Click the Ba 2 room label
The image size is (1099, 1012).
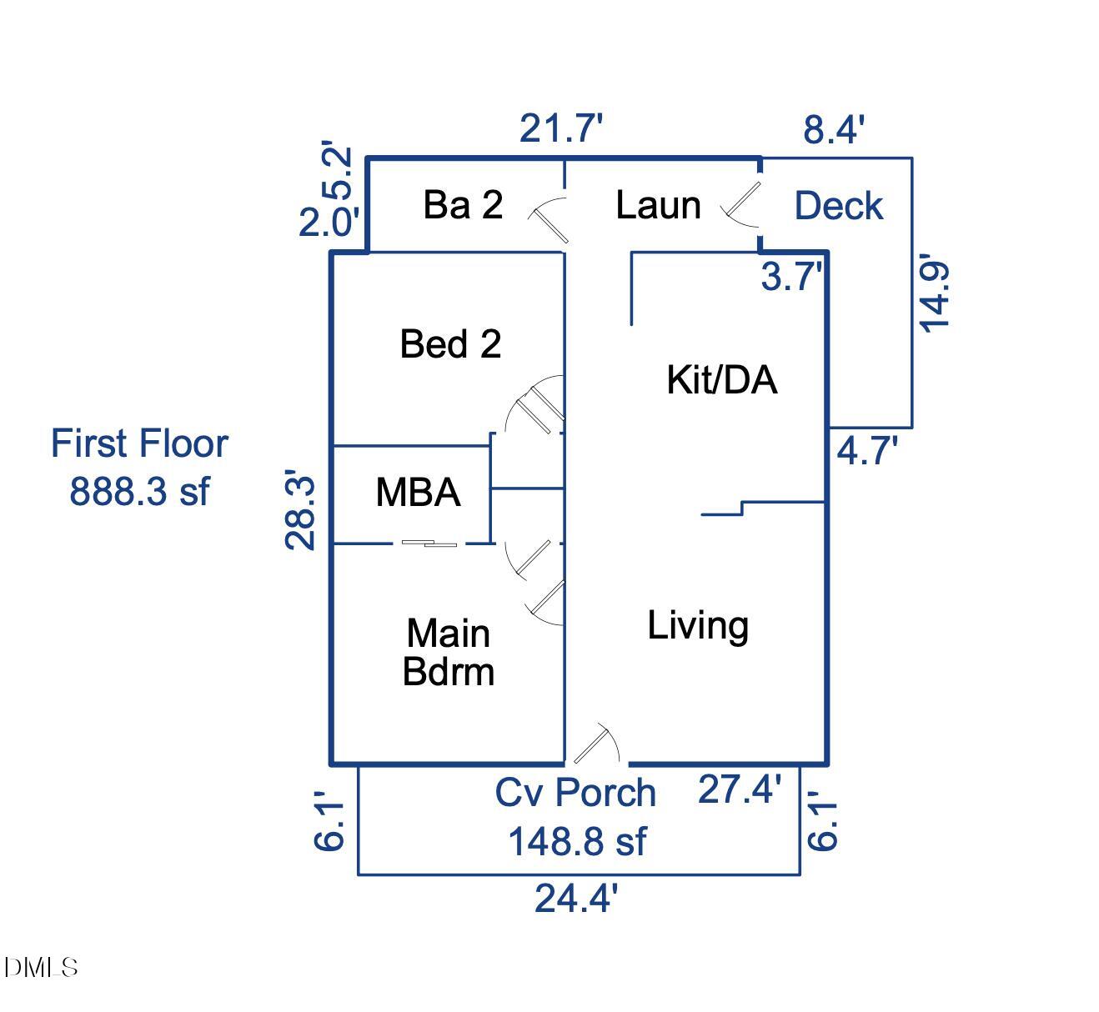click(x=463, y=205)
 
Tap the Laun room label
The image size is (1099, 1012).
click(x=658, y=205)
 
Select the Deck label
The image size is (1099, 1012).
click(x=838, y=206)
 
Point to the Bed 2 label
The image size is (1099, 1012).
click(x=450, y=343)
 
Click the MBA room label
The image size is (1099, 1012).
click(x=418, y=492)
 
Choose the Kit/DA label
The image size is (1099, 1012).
click(x=722, y=380)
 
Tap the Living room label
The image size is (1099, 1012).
click(x=698, y=625)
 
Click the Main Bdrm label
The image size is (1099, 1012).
click(x=449, y=652)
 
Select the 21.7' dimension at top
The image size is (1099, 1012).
click(x=561, y=129)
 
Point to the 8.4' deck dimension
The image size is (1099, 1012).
click(x=834, y=130)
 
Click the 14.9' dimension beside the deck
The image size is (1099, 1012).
click(x=934, y=296)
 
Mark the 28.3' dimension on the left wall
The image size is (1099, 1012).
click(x=300, y=512)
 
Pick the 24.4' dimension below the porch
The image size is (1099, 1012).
click(x=576, y=899)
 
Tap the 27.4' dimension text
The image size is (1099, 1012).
click(x=740, y=789)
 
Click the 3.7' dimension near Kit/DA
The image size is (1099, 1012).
click(x=791, y=276)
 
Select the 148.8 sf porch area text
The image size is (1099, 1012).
click(x=576, y=841)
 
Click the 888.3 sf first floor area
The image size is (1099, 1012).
click(x=138, y=491)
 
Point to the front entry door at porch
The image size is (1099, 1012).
click(x=595, y=744)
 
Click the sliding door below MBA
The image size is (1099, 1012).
click(x=429, y=544)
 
